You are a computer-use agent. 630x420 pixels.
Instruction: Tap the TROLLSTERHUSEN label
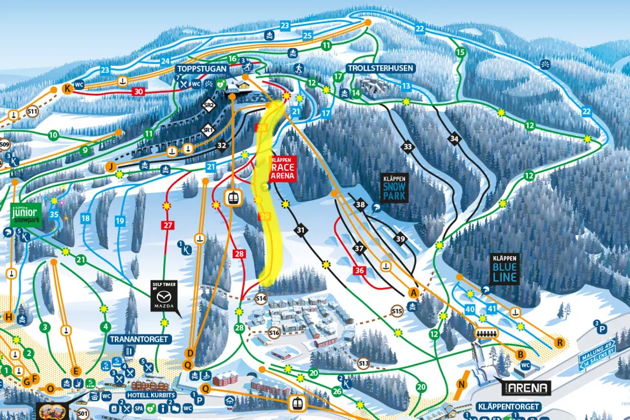tap(380, 68)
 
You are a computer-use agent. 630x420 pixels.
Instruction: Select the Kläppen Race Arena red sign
tap(283, 167)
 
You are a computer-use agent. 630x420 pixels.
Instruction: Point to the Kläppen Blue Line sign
tap(504, 269)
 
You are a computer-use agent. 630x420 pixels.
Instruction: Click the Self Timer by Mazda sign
tap(163, 296)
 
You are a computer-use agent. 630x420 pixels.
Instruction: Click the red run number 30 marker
tap(138, 92)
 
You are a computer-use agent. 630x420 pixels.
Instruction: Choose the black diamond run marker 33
tap(407, 146)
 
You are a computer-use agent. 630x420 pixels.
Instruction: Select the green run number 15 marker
tap(460, 52)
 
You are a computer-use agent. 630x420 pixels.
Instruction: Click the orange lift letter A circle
tap(414, 292)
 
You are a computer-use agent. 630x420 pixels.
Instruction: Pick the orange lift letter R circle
tap(561, 342)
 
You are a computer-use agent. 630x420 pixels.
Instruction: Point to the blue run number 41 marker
tap(492, 309)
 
